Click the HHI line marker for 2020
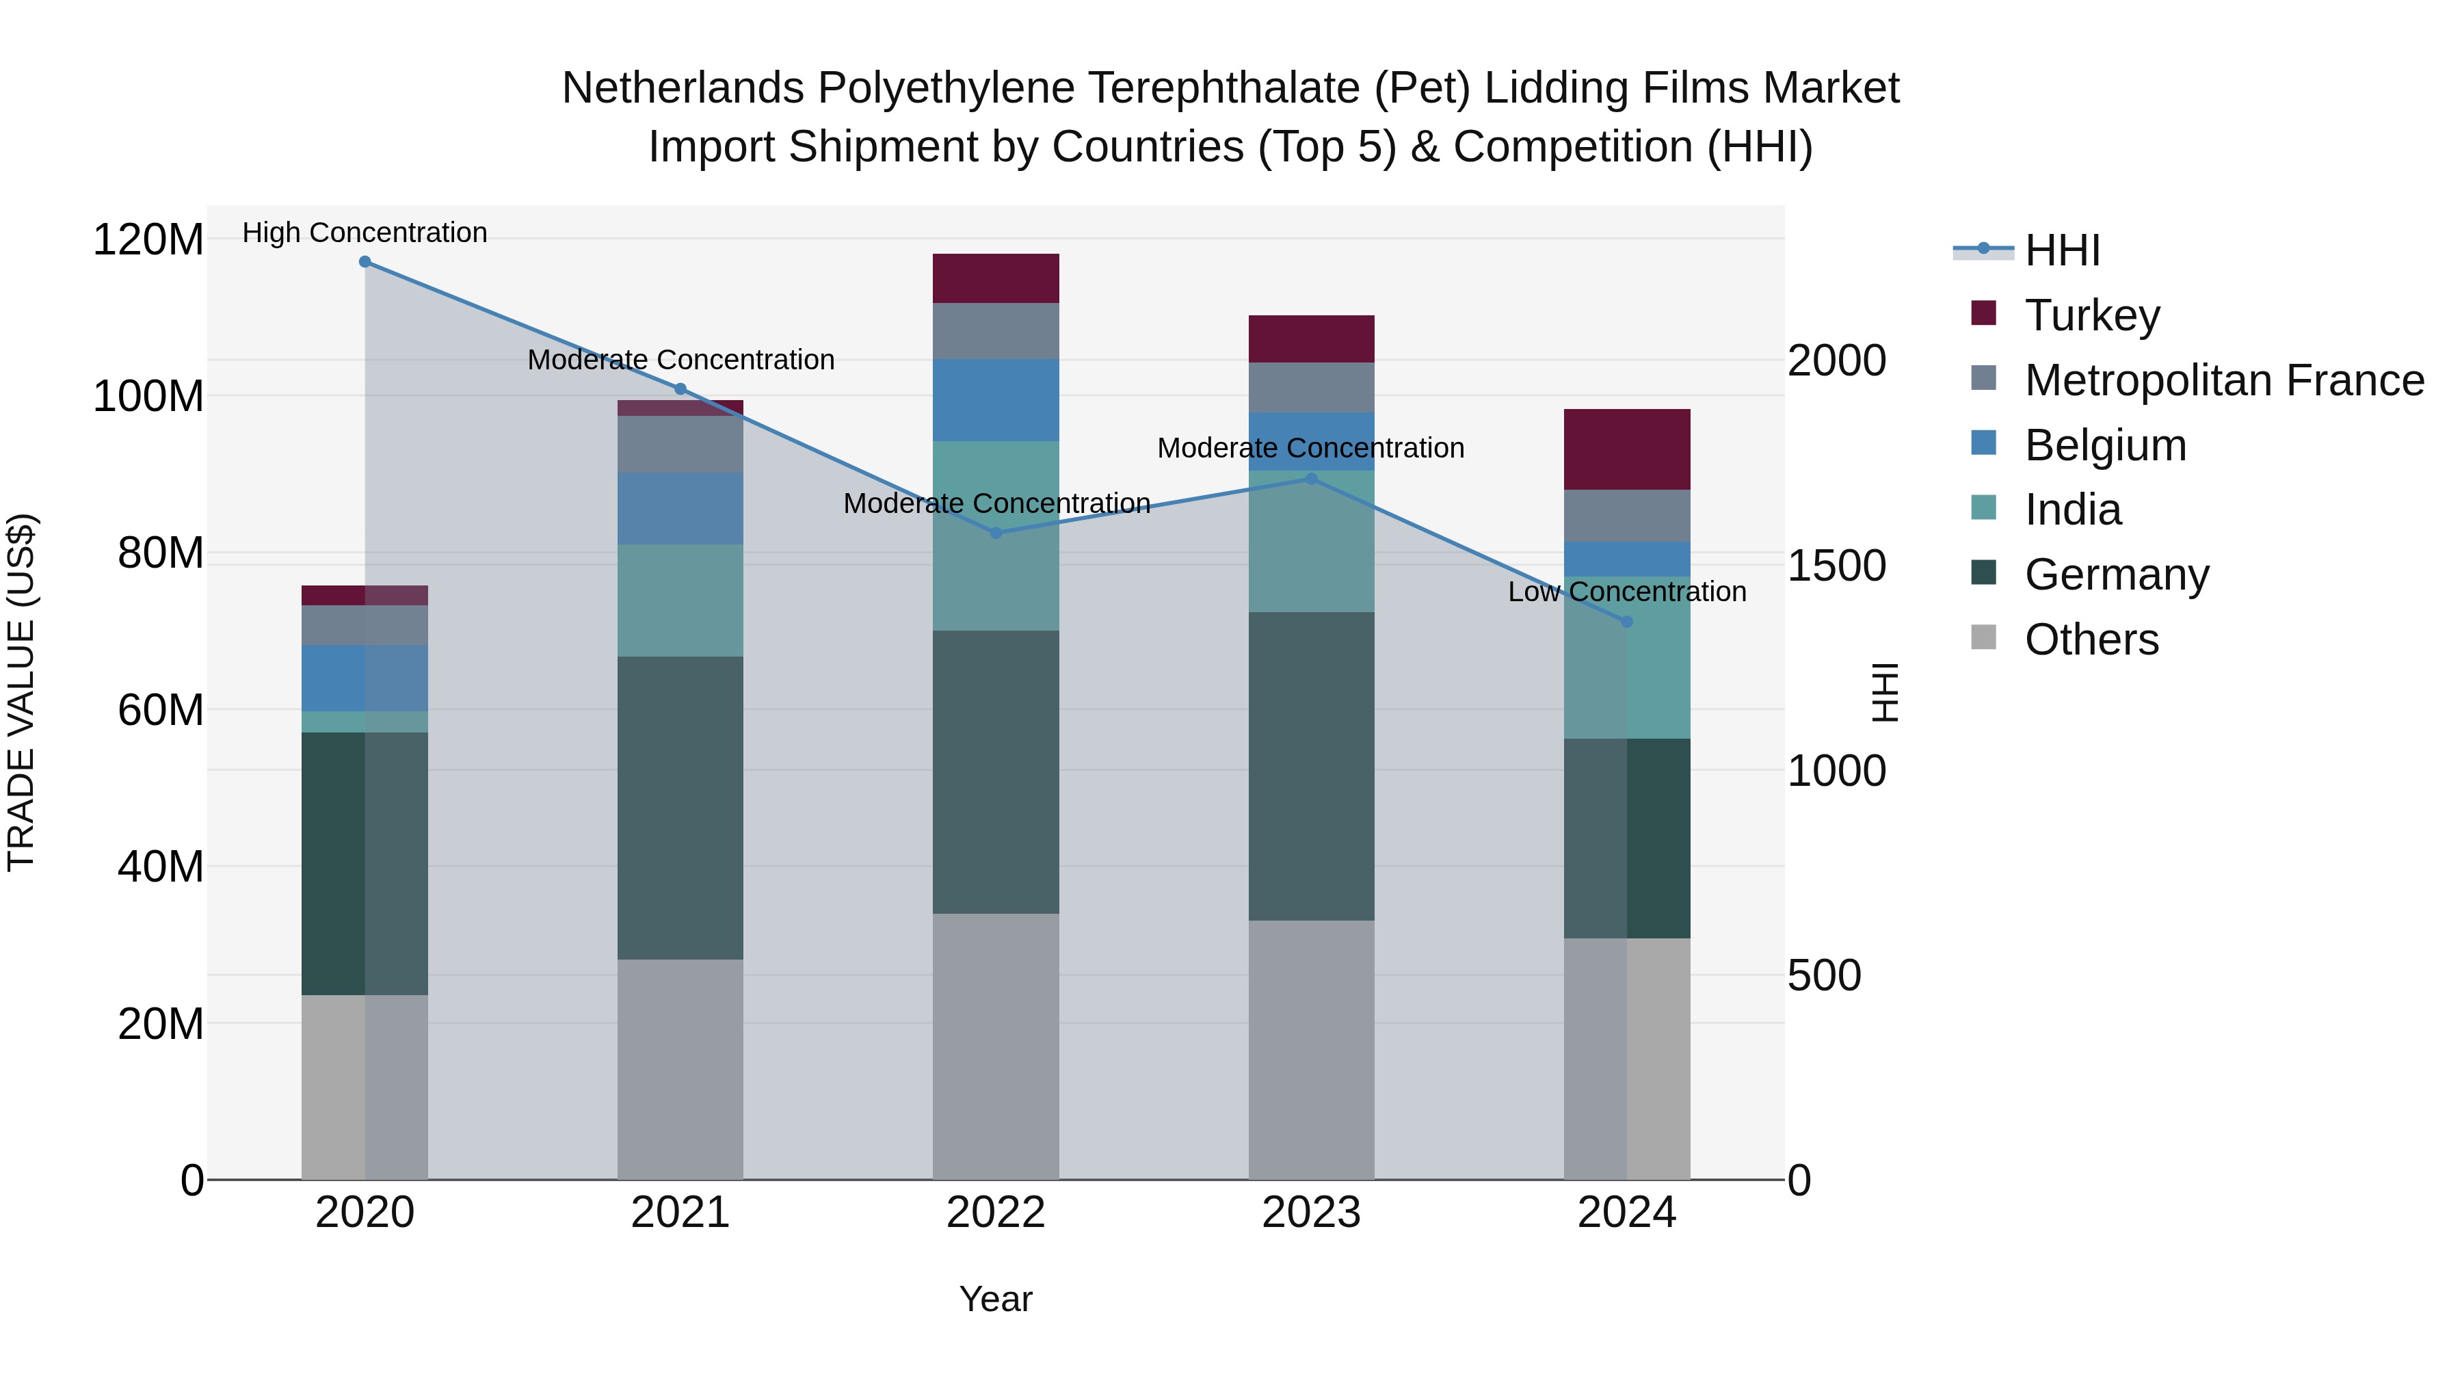tap(365, 262)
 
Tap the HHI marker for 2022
tap(996, 533)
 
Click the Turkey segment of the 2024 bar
tap(1627, 449)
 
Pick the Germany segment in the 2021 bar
tap(680, 808)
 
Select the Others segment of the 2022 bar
tap(996, 1046)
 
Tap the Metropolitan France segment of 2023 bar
tap(1311, 388)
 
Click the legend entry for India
tap(2072, 510)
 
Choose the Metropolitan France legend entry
tap(2223, 380)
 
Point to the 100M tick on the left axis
tap(148, 397)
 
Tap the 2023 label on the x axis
tap(1311, 1213)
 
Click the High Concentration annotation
tap(365, 233)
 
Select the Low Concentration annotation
tap(1627, 592)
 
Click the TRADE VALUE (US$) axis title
tap(21, 692)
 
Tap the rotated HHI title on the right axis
tap(1884, 692)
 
